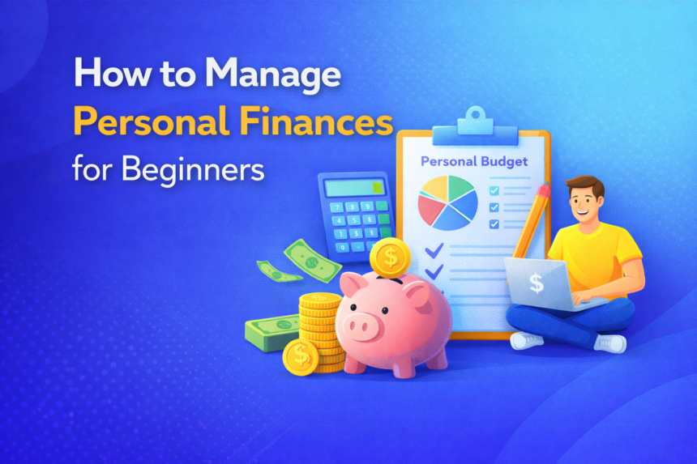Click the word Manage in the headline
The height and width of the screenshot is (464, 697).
pyautogui.click(x=273, y=74)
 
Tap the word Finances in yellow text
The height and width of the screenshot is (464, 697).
pyautogui.click(x=317, y=121)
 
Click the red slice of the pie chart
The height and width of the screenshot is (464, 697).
pyautogui.click(x=430, y=209)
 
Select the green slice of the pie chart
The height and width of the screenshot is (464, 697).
pyautogui.click(x=460, y=187)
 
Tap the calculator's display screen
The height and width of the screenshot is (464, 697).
pyautogui.click(x=354, y=188)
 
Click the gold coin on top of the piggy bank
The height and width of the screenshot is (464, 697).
pyautogui.click(x=390, y=258)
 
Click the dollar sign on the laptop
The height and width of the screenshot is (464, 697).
pyautogui.click(x=536, y=283)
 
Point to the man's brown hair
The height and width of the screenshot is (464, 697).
pyautogui.click(x=587, y=185)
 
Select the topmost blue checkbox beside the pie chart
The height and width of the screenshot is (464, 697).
pyautogui.click(x=494, y=190)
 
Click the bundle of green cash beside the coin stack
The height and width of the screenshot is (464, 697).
pyautogui.click(x=272, y=332)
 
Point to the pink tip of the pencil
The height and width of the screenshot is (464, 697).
pyautogui.click(x=545, y=190)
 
